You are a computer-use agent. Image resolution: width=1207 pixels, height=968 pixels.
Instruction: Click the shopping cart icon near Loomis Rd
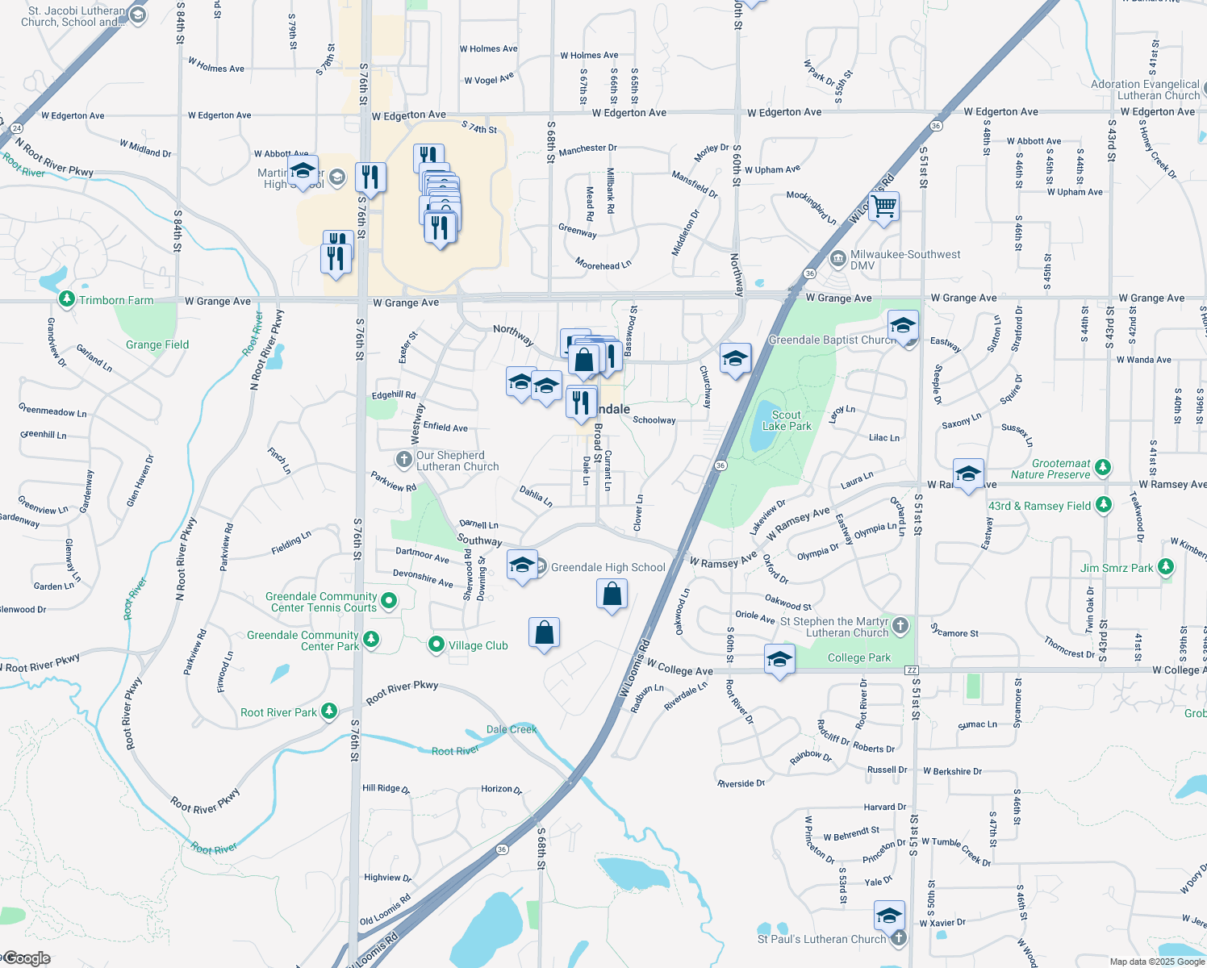883,207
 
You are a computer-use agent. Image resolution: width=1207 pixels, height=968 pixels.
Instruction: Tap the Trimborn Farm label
116,300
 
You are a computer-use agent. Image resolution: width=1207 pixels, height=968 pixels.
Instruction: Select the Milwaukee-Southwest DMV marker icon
837,259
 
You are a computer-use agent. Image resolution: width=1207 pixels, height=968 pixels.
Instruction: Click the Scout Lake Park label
787,420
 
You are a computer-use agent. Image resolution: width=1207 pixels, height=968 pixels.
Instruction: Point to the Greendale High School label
608,567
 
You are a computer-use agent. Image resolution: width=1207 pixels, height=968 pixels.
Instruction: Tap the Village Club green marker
436,645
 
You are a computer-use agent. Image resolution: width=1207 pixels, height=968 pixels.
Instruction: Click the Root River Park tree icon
328,711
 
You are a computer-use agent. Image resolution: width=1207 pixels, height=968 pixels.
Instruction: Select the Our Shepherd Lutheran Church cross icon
403,460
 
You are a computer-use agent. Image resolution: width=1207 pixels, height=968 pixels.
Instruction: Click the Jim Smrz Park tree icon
1165,567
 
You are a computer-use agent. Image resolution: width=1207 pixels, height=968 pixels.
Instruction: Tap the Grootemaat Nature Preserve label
1050,469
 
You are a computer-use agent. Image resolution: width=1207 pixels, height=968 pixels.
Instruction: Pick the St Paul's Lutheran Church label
821,939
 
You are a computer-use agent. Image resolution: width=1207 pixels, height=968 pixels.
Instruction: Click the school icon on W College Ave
779,661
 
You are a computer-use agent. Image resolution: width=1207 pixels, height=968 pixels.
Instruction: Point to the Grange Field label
157,344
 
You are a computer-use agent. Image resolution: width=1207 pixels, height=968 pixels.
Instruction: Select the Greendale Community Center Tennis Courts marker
389,600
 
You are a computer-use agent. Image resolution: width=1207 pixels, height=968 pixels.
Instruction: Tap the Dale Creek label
512,729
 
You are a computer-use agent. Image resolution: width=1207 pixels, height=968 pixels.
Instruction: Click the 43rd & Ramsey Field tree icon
1103,505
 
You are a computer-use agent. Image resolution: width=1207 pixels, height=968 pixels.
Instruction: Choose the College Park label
859,657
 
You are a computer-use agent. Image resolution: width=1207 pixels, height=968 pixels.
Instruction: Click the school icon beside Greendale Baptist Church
903,326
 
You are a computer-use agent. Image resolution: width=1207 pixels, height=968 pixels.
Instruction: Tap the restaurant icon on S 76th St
370,177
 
